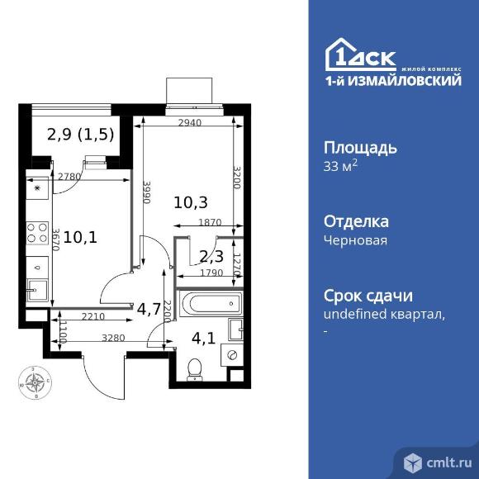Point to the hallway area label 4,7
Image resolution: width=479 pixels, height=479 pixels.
[x=149, y=310]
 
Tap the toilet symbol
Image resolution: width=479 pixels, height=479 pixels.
[x=195, y=366]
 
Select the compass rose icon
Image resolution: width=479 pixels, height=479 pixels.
[x=35, y=382]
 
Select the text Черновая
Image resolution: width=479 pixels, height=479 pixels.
[x=354, y=240]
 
